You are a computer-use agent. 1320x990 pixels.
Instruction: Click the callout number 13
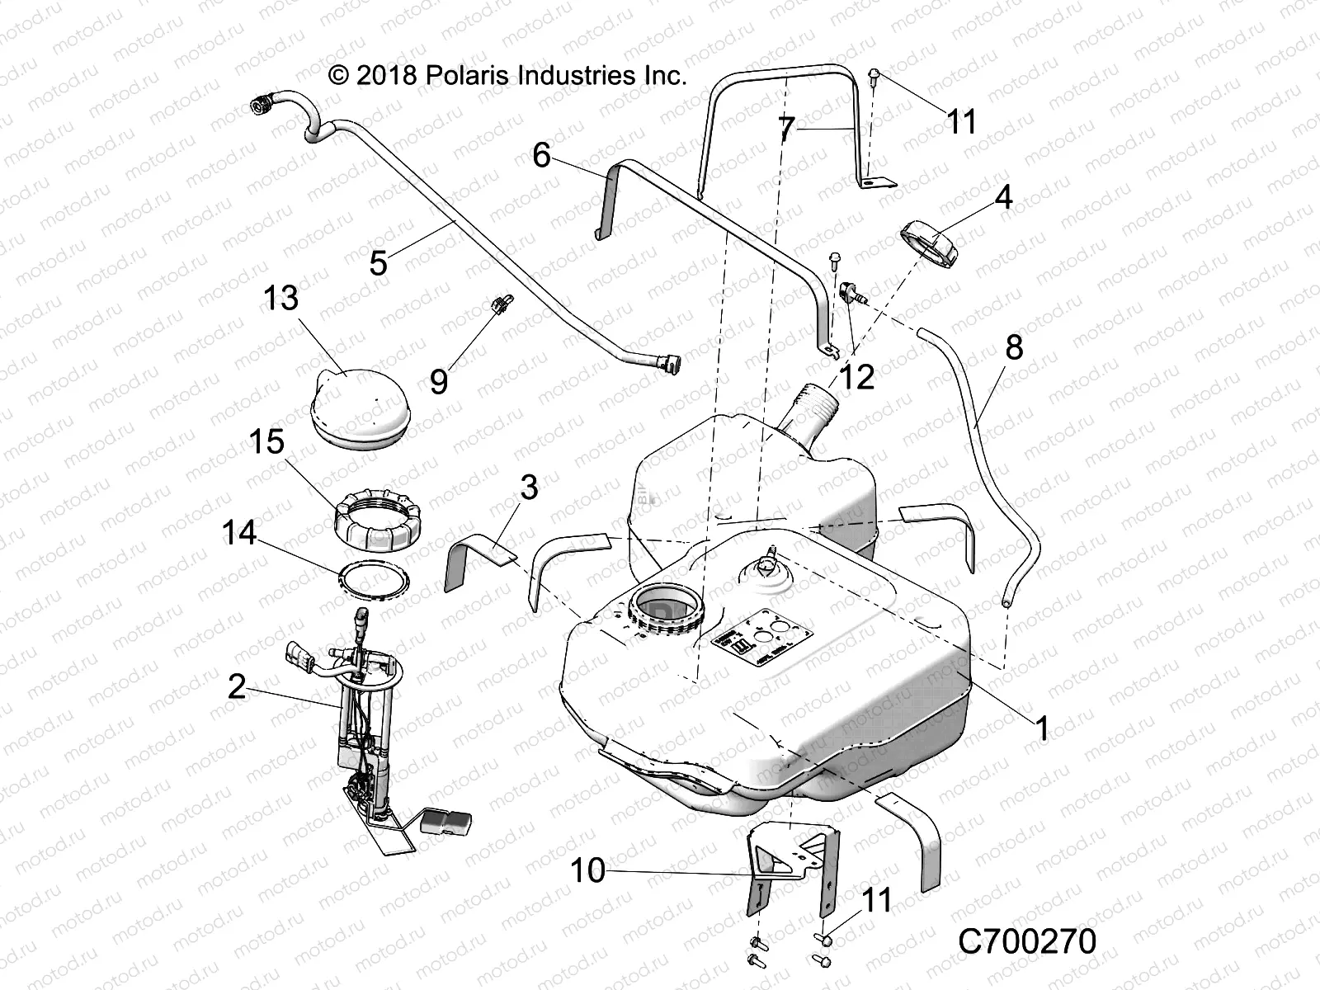pyautogui.click(x=280, y=298)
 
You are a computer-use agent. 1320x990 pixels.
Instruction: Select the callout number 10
pyautogui.click(x=588, y=870)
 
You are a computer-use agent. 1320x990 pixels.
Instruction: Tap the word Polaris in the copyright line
pyautogui.click(x=466, y=77)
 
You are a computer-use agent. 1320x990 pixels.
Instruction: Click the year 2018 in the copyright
pyautogui.click(x=389, y=77)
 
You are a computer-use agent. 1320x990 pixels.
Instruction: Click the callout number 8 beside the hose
pyautogui.click(x=1014, y=346)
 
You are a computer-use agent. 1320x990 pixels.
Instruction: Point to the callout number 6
pyautogui.click(x=541, y=154)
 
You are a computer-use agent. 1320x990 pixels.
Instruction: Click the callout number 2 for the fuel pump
pyautogui.click(x=238, y=686)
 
